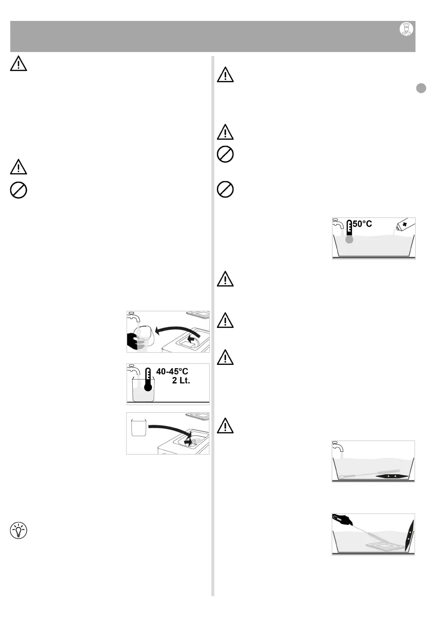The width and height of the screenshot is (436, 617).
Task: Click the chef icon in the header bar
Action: coord(406,29)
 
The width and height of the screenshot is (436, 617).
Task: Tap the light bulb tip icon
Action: coord(18,531)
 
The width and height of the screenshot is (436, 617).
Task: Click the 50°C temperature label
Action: coord(362,223)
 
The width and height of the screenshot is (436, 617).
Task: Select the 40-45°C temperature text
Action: coord(172,372)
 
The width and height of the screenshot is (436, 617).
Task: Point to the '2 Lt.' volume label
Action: coord(181,381)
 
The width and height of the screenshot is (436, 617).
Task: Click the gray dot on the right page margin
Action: coord(421,88)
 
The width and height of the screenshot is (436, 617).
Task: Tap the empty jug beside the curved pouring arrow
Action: coord(139,427)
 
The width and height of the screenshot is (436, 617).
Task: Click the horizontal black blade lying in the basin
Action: coord(391,476)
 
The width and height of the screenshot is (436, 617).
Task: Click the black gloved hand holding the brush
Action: coord(342,520)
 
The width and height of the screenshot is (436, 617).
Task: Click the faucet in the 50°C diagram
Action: coord(338,223)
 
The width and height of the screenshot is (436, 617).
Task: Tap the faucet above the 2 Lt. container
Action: coord(133,369)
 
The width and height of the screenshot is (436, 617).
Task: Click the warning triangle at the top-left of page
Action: coord(18,64)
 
